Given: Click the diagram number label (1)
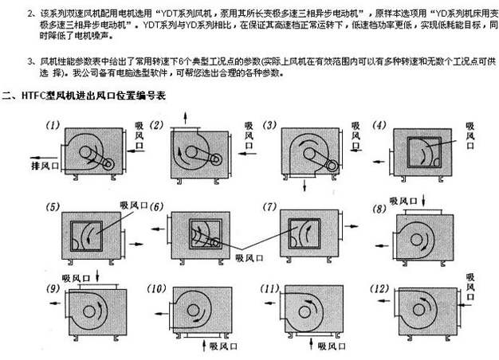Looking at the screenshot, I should pos(53,125).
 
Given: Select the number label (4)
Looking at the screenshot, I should pos(379,125).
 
